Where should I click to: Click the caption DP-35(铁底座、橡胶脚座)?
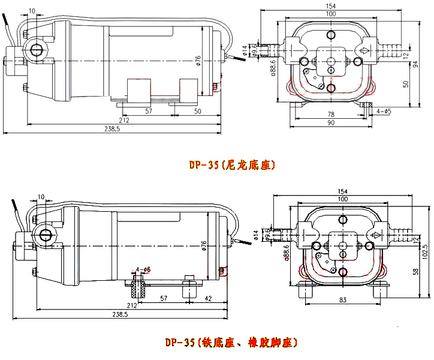pos(231,343)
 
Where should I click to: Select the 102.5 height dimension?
pos(424,248)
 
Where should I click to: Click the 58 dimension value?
pos(415,271)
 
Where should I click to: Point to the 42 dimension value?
pos(208,298)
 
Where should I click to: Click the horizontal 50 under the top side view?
pos(198,112)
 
